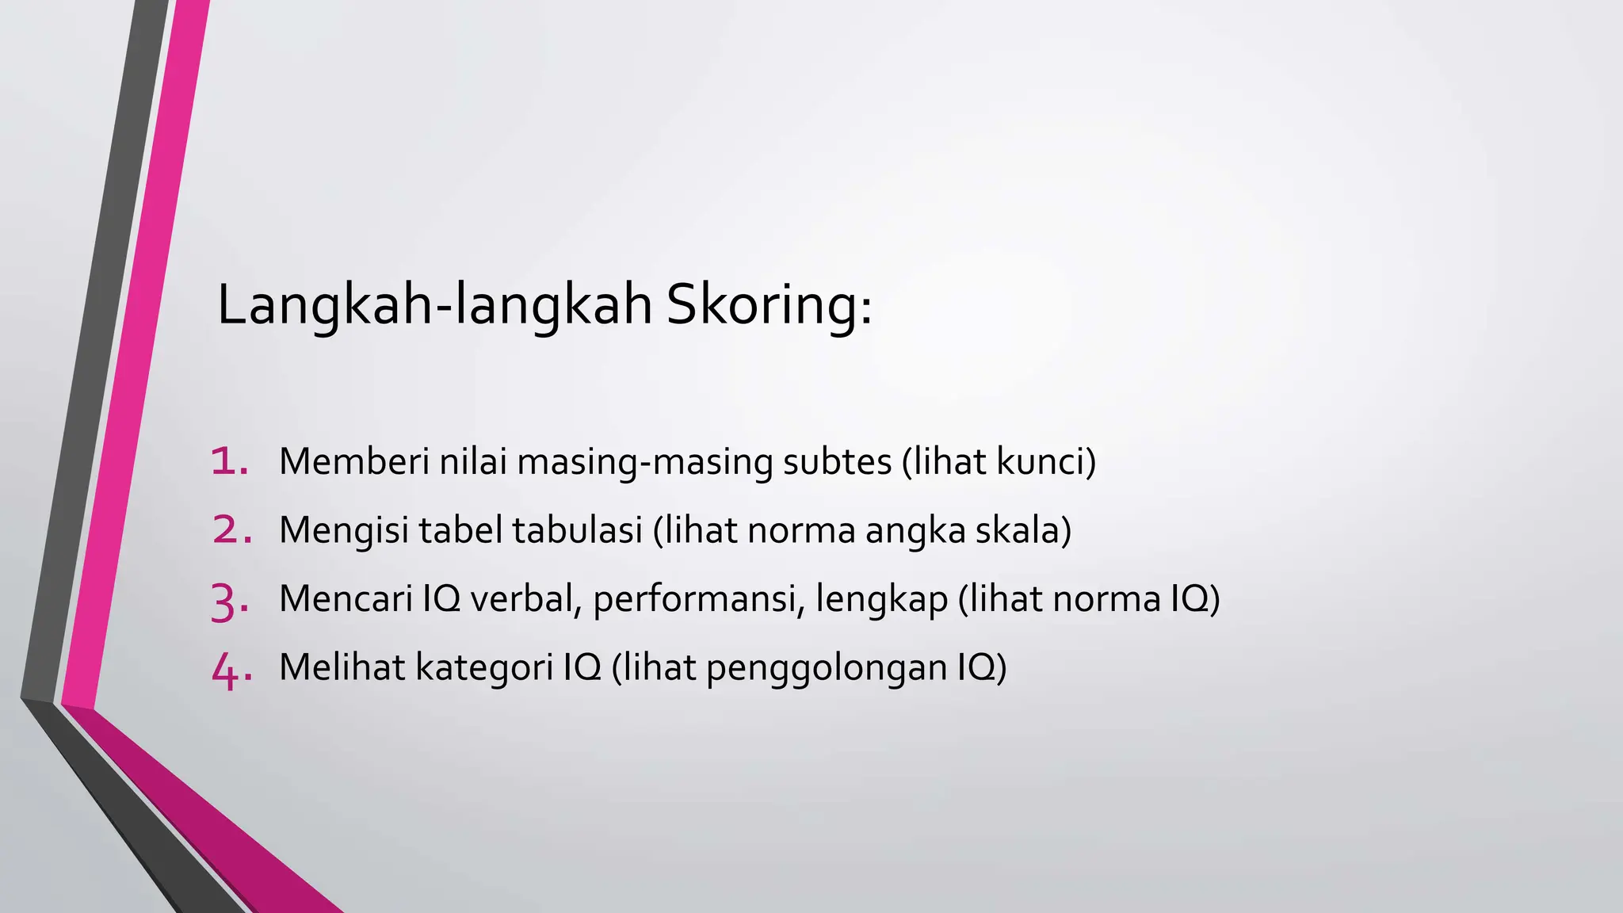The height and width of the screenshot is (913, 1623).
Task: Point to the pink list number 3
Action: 230,601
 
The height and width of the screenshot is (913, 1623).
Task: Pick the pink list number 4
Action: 231,670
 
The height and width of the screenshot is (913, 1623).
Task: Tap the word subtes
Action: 837,461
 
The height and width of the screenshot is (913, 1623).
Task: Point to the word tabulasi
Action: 577,530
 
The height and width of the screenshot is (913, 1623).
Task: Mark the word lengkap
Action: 881,600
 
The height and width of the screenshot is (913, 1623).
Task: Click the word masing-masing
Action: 645,462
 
